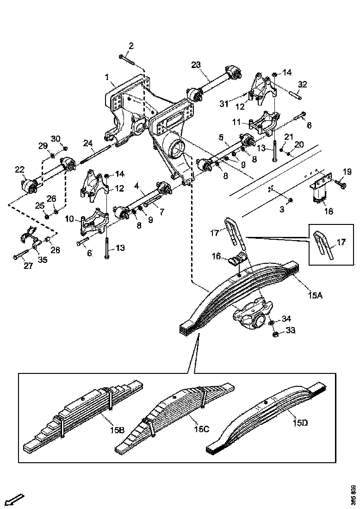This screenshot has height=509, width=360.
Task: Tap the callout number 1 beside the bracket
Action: point(107,76)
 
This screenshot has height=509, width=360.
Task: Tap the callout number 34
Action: point(287,318)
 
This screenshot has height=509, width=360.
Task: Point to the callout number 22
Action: point(19,170)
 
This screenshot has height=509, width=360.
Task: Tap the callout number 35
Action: point(43,260)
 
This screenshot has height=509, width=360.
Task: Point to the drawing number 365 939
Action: point(354,495)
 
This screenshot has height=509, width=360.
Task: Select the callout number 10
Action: point(69,218)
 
